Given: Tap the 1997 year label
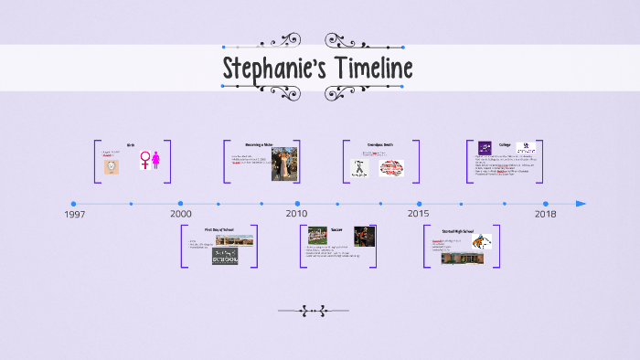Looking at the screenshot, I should click(75, 214).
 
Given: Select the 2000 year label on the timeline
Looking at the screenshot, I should click(180, 214).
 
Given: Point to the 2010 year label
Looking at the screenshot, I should click(296, 214).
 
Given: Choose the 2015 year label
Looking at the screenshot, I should click(418, 214).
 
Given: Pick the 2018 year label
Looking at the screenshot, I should click(545, 214).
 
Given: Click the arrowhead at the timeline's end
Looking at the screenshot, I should click(581, 204).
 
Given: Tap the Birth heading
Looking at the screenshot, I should click(131, 145).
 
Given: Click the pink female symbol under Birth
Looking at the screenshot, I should click(144, 161).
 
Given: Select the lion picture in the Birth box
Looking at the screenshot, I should click(111, 167).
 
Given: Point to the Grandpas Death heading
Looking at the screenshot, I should click(381, 145).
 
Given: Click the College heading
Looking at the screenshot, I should click(505, 145).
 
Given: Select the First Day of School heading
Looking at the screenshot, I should click(219, 229).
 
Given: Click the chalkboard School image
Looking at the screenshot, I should click(225, 257).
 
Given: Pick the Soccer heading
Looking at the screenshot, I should click(336, 229).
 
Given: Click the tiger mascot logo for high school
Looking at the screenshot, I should click(482, 242).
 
